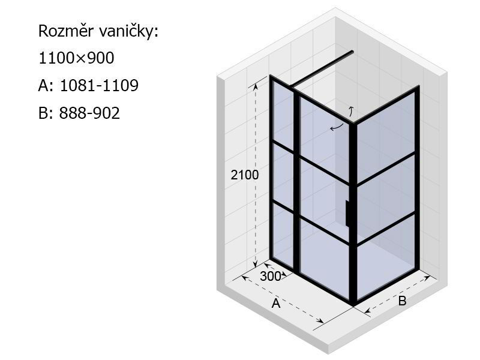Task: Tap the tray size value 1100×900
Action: tap(77, 58)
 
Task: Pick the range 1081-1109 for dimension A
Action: tap(99, 85)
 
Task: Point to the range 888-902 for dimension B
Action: tap(89, 113)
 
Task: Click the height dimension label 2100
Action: tap(245, 175)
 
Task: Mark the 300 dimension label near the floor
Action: tap(271, 277)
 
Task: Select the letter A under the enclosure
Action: tap(276, 304)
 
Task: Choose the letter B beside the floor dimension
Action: tap(402, 301)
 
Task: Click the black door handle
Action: tap(347, 214)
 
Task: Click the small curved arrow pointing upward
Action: tap(351, 112)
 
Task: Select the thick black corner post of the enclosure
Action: tap(353, 214)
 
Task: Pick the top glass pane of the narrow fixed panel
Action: tap(283, 116)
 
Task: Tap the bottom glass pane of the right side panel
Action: tap(386, 257)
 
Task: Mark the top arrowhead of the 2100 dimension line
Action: tap(256, 85)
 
